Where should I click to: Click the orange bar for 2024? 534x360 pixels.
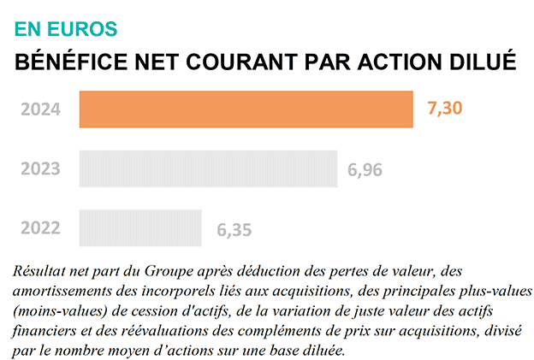[x=246, y=109]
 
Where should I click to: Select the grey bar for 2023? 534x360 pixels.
[x=208, y=168]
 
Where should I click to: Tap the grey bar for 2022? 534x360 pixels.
[x=140, y=227]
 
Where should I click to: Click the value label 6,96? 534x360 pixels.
[x=365, y=169]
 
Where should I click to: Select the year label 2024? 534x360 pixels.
[x=40, y=110]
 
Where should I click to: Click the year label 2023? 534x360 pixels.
[x=40, y=169]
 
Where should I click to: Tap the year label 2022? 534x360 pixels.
[x=40, y=228]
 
